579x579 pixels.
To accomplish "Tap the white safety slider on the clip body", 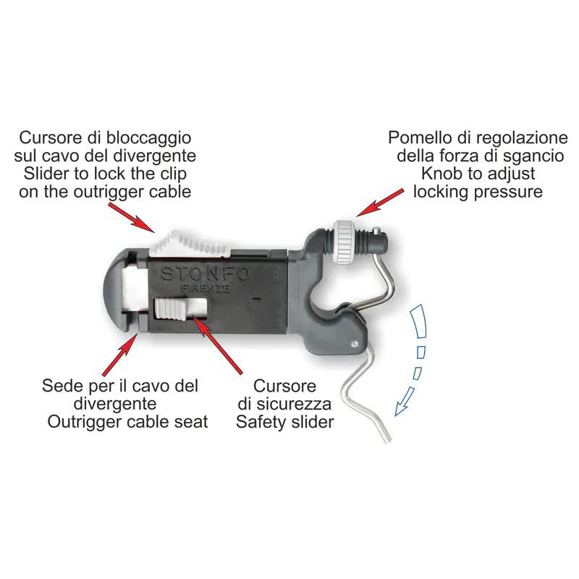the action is coord(171,310).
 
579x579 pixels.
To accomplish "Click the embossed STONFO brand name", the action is coord(205,274).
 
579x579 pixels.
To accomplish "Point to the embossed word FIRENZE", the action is coord(206,288).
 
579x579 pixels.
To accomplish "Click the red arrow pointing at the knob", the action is coord(380,203).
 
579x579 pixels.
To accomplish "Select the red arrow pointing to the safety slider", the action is coord(218,345).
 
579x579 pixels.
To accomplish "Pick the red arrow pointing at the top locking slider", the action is coord(132,218).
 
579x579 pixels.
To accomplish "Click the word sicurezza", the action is coord(294,404).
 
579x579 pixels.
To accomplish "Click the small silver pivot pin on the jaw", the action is coord(355,344).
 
